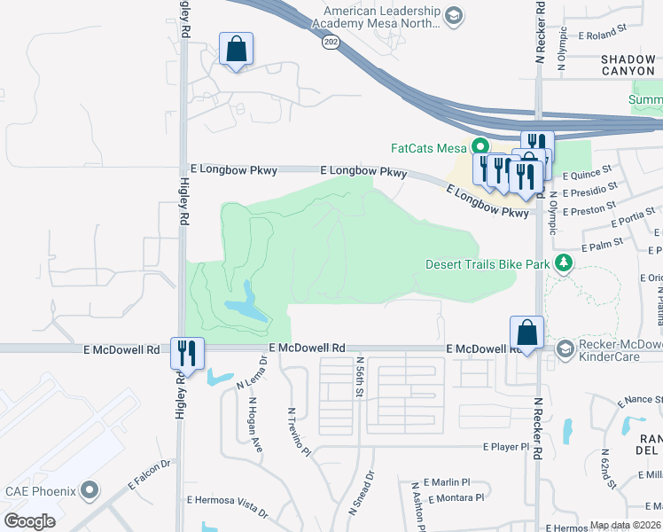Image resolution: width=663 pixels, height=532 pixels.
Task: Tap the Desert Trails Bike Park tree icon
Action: click(562, 263)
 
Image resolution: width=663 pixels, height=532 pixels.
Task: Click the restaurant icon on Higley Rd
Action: click(187, 352)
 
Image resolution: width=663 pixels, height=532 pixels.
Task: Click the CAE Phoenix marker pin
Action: click(89, 489)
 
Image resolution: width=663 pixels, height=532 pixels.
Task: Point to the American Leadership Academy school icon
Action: click(454, 16)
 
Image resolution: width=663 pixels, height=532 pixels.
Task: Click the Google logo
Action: click(30, 520)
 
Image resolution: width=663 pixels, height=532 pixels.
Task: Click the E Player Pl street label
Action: click(505, 447)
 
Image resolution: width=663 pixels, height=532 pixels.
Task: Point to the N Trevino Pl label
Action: click(299, 433)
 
